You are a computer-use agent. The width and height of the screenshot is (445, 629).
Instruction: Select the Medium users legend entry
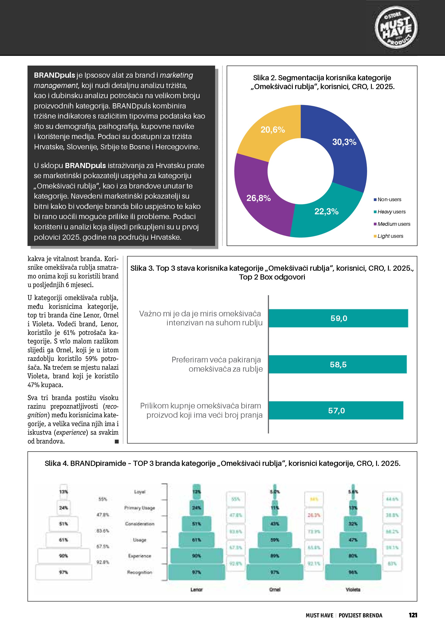[392, 224]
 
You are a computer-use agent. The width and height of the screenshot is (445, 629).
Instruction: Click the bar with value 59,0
[338, 318]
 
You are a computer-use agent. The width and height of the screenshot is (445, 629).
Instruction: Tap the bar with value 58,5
[338, 364]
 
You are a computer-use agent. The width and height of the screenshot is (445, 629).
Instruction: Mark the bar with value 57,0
[336, 410]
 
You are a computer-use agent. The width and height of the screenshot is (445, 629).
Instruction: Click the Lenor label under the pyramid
[197, 590]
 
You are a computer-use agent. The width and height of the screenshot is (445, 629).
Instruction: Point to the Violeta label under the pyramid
[353, 590]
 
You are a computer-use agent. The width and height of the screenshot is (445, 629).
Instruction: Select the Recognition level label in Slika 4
[140, 572]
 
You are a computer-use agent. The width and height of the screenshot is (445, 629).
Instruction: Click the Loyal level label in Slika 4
[140, 492]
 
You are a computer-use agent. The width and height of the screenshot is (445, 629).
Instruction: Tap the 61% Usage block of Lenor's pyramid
[197, 540]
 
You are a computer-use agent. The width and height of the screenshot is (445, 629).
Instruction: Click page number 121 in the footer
[413, 615]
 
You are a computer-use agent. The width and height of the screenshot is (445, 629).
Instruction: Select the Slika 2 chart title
[322, 82]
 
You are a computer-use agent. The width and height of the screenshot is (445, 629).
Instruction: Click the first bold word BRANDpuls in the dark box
[54, 75]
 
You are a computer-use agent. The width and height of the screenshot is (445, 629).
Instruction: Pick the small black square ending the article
[117, 441]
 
